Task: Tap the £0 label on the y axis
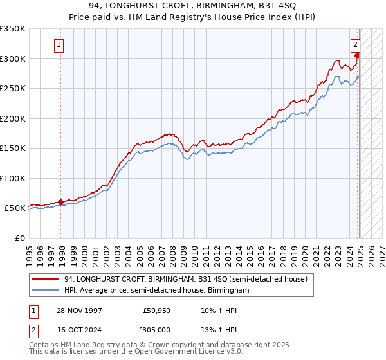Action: [19, 238]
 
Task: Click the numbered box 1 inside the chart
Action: [59, 45]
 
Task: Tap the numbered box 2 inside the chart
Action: [354, 45]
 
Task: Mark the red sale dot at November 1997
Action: [61, 202]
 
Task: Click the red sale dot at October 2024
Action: [357, 56]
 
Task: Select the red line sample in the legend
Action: [46, 280]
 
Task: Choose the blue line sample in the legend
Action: [46, 291]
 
